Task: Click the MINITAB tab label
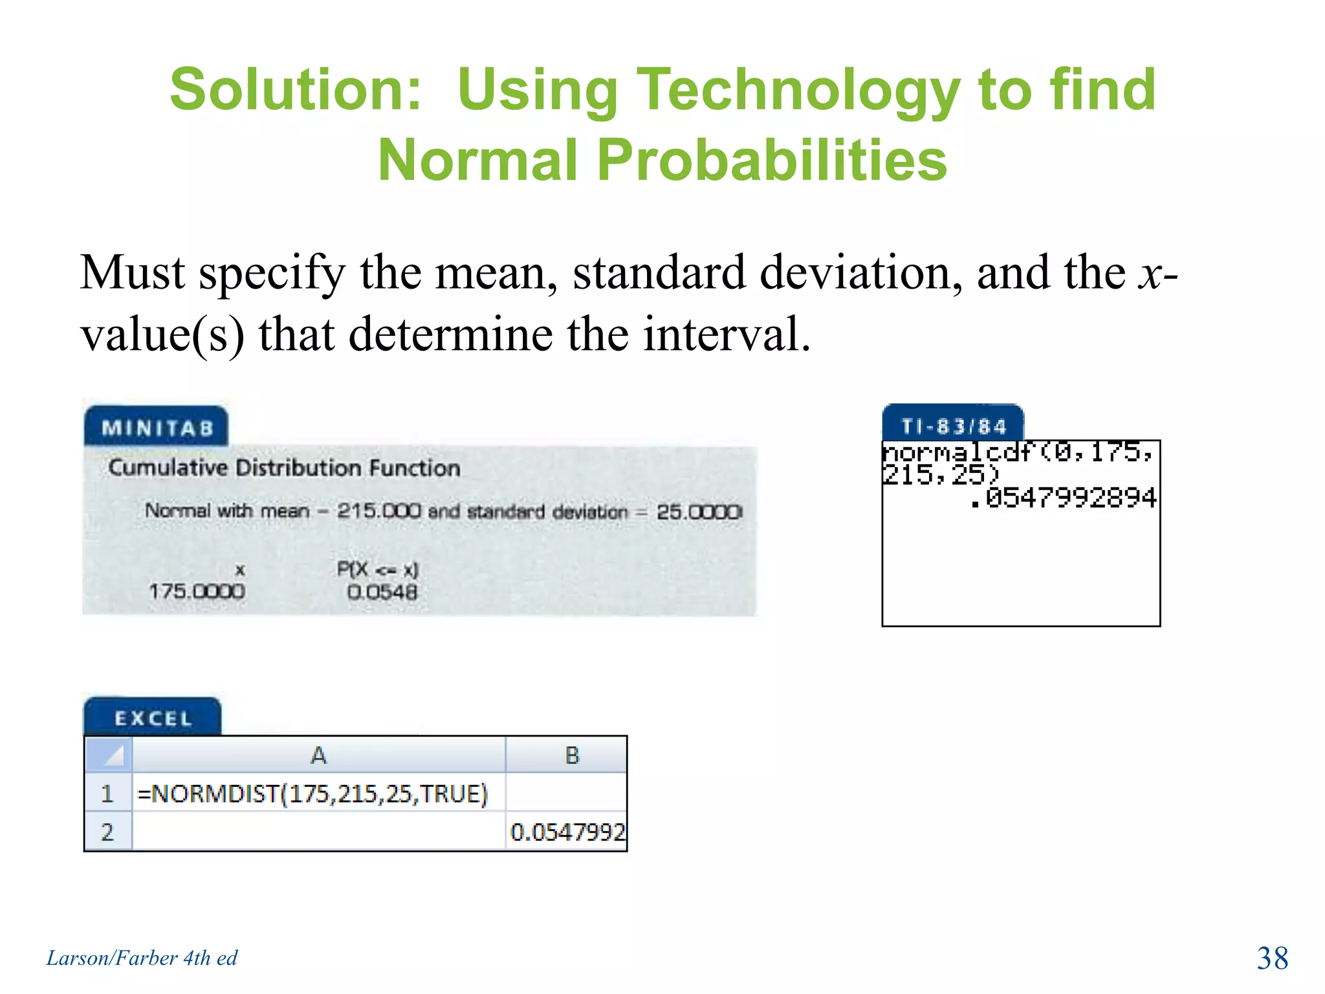[157, 428]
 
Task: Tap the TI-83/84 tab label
[954, 426]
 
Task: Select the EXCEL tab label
[153, 718]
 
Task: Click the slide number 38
[1272, 958]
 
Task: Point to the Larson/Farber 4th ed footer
[142, 958]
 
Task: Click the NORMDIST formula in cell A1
[312, 793]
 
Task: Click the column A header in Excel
[318, 755]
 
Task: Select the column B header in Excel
[572, 755]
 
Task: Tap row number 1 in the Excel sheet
[107, 793]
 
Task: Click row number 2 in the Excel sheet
[107, 832]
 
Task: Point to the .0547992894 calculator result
[1063, 498]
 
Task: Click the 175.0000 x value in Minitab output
[197, 591]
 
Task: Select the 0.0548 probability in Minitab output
[382, 591]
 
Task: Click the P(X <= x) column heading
[378, 569]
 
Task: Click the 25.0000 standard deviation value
[699, 512]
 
